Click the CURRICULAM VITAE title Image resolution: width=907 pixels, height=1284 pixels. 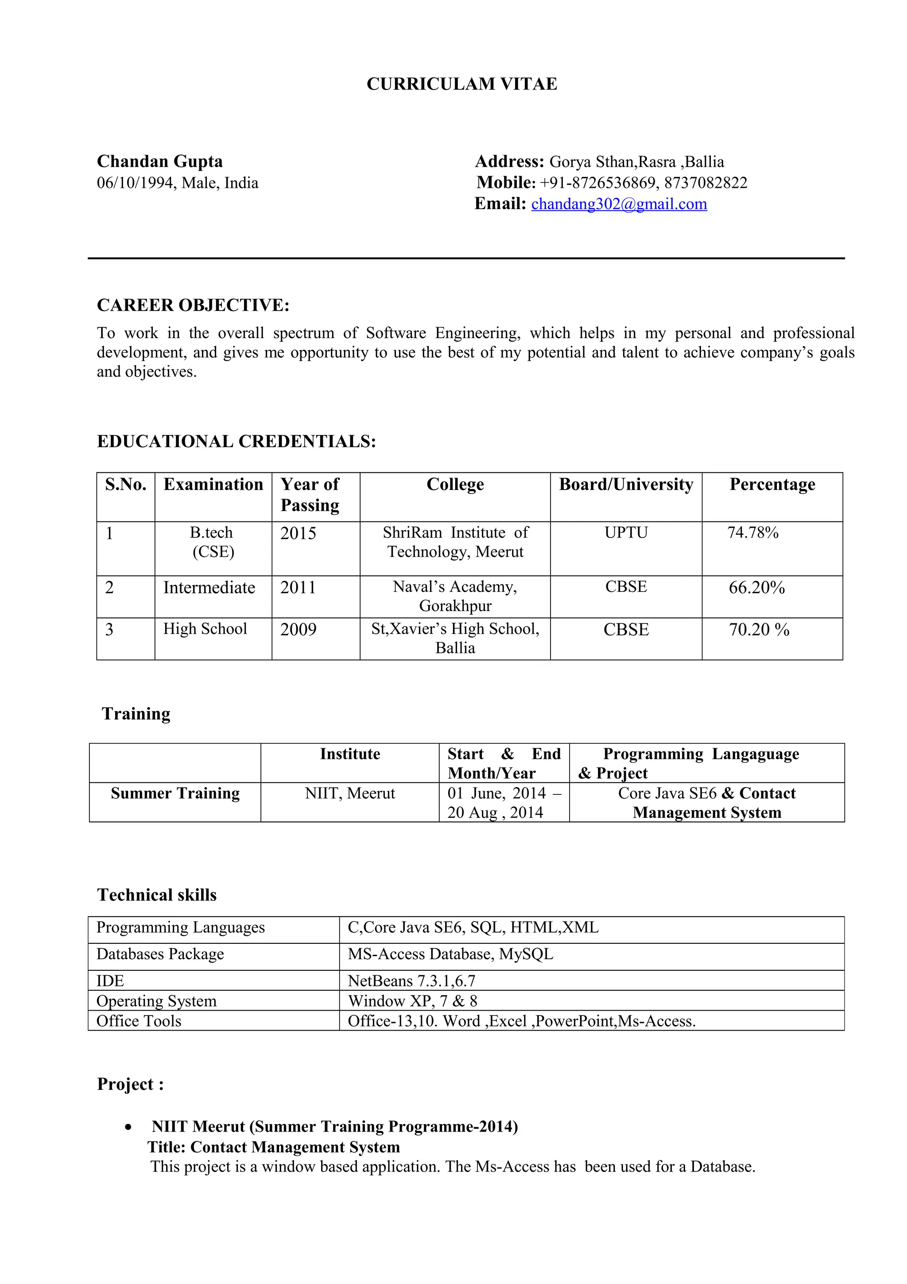(x=461, y=84)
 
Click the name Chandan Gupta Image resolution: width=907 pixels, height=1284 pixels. (x=160, y=162)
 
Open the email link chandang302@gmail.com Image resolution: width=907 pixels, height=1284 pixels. (x=619, y=204)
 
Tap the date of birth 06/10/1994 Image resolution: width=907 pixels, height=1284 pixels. (x=135, y=183)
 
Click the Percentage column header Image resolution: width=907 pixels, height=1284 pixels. (x=772, y=484)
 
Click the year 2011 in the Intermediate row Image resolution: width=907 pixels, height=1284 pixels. (x=298, y=588)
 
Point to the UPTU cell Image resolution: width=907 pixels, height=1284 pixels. (x=626, y=533)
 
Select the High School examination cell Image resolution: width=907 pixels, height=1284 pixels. (x=205, y=629)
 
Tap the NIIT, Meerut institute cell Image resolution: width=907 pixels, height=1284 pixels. (x=350, y=794)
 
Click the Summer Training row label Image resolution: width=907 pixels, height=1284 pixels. (x=175, y=794)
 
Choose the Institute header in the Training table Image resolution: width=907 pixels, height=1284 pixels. (x=350, y=755)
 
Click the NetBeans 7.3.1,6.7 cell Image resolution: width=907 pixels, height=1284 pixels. (x=411, y=981)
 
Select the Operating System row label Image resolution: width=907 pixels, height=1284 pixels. (x=156, y=1001)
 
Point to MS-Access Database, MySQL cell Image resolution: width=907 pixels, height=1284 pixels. (x=450, y=954)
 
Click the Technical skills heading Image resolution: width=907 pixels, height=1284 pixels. (x=157, y=895)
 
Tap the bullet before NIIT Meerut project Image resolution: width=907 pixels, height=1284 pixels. (x=129, y=1128)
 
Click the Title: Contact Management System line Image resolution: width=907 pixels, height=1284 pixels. (x=274, y=1148)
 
